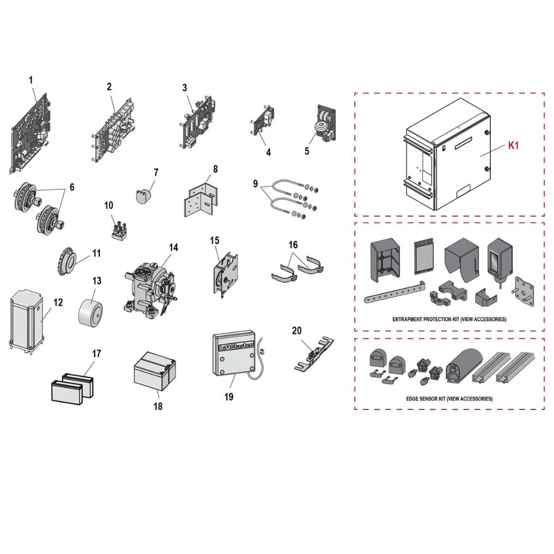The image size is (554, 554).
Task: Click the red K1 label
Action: tap(513, 145)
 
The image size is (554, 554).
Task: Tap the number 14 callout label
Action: tap(173, 247)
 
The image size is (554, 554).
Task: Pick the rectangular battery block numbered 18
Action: tap(155, 373)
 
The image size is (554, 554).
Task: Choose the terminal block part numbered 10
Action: tap(120, 230)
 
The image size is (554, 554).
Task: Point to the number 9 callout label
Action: tap(255, 184)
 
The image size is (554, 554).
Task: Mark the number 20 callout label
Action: tap(297, 331)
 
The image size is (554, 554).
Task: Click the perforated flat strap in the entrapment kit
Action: tap(394, 292)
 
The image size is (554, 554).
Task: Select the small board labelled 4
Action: tap(262, 121)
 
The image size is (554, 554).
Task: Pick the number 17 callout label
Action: tap(96, 353)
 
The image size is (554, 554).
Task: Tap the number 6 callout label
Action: tap(72, 187)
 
